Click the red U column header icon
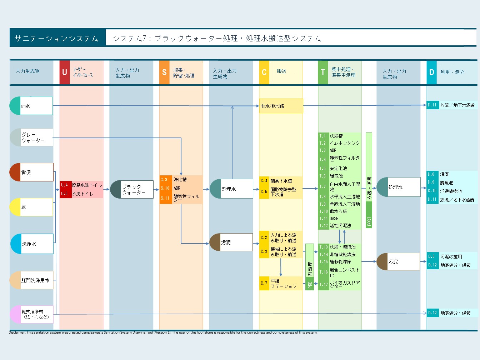(x=65, y=72)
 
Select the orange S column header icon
(x=164, y=72)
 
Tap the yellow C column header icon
(x=264, y=72)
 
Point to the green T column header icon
(x=323, y=72)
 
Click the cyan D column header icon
(x=431, y=72)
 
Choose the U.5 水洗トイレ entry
(x=81, y=194)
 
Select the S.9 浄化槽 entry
(x=181, y=180)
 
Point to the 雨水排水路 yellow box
(x=281, y=106)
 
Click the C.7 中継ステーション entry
(x=281, y=284)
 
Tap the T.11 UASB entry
(x=339, y=219)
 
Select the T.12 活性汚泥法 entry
(x=339, y=226)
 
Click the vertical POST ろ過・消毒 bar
(x=369, y=180)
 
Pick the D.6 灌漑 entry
(x=451, y=174)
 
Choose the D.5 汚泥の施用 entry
(x=451, y=256)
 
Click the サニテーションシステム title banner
(x=57, y=38)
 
